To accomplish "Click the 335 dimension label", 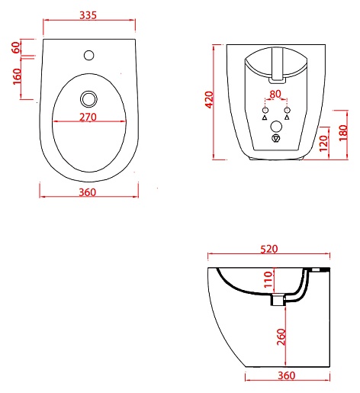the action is pos(88,15).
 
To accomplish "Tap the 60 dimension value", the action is pos(16,47).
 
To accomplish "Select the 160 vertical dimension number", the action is pos(17,76).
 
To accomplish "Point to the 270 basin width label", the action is pos(88,117).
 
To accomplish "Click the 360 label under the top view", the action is pos(88,192).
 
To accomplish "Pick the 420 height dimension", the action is pos(210,100).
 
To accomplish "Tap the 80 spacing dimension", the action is pos(275,95).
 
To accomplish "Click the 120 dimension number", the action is pos(323,143).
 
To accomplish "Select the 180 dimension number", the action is pos(343,133).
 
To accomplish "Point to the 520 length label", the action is pos(269,249).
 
